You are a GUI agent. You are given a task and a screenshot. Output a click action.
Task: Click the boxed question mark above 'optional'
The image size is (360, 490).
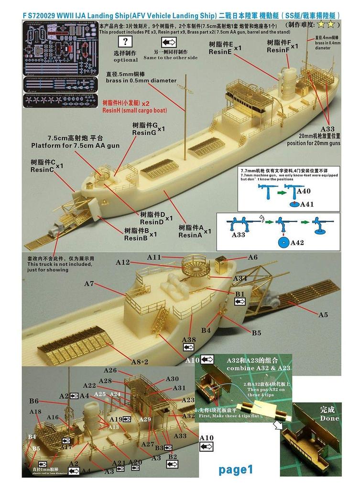click(x=126, y=42)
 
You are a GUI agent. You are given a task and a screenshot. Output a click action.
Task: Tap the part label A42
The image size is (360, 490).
click(x=297, y=243)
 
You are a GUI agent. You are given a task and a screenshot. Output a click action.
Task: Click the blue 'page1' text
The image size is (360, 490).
click(x=236, y=469)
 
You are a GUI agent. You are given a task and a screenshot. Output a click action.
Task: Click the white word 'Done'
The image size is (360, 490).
click(x=329, y=418)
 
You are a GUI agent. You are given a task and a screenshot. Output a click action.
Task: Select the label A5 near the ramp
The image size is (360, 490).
click(x=323, y=314)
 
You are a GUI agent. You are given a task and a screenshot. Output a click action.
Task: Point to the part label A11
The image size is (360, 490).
click(x=154, y=257)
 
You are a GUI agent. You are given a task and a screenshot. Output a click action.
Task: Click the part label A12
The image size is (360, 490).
click(x=123, y=262)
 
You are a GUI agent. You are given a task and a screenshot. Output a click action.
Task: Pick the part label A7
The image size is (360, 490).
click(x=89, y=284)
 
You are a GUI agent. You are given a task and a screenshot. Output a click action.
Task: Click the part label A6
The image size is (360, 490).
click(x=252, y=257)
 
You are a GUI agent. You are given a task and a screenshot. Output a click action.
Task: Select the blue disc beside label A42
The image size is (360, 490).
click(x=282, y=243)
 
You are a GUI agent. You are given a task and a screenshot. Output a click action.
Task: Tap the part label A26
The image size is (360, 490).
click(x=110, y=370)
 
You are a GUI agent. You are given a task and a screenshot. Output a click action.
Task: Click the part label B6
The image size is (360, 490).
click(x=33, y=401)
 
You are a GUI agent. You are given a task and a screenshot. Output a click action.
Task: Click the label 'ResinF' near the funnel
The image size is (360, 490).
click(x=278, y=50)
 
